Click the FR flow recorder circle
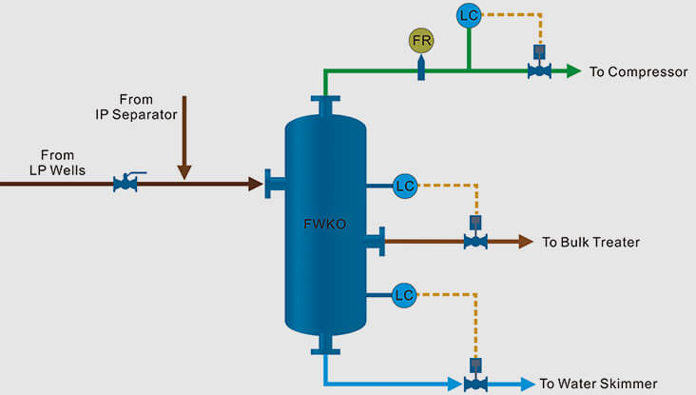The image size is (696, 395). point(421,41)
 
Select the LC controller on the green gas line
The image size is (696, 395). point(468,15)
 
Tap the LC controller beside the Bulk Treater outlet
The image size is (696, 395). point(405,186)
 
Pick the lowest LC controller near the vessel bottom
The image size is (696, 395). point(405,295)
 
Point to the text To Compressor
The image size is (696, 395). point(638,71)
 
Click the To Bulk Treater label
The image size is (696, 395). point(590,243)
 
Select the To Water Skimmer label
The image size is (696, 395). point(598,384)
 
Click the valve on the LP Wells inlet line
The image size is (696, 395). point(126,183)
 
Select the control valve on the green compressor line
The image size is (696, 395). point(539,69)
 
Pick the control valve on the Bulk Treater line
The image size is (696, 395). point(475,241)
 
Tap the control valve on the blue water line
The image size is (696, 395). point(475,383)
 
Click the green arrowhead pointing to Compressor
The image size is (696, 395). point(573,70)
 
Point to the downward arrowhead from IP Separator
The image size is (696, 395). point(184,171)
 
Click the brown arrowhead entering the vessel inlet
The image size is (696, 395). point(256,184)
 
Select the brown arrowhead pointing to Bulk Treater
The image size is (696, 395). point(526,242)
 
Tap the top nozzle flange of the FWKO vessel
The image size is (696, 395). point(325,100)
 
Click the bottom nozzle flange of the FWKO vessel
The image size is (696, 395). point(325,348)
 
